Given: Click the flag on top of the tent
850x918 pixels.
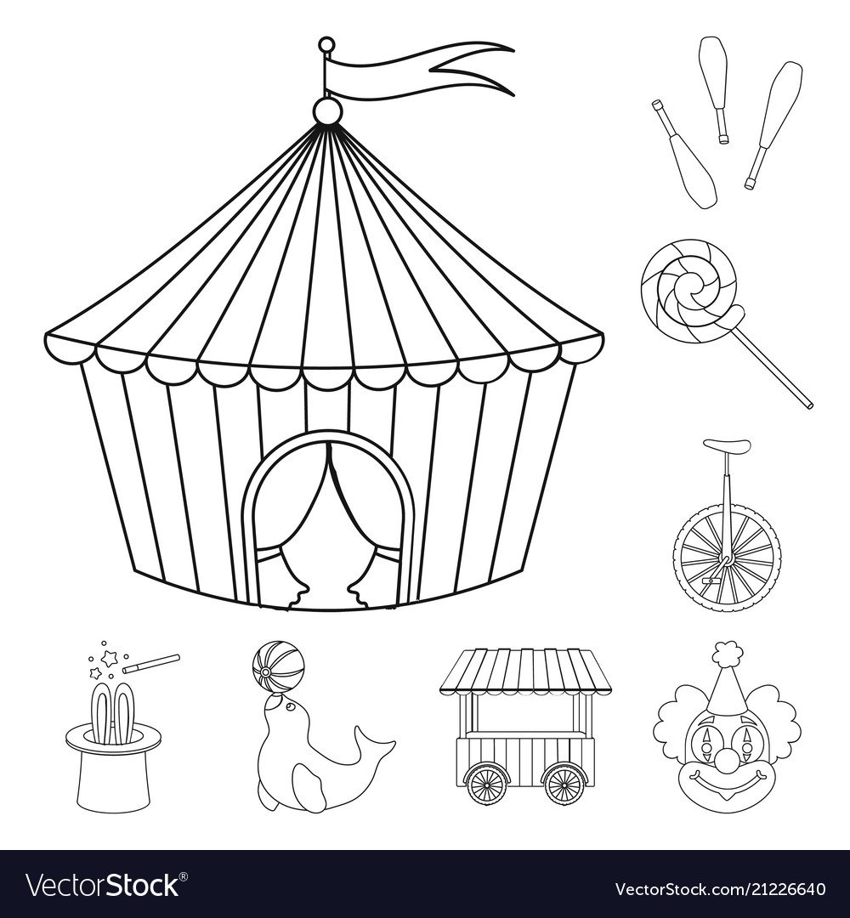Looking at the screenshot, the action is [410, 71].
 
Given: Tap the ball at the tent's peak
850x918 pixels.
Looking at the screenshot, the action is [326, 110].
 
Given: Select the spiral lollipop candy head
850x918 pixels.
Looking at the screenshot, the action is [692, 291].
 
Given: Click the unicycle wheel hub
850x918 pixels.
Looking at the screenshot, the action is [727, 563].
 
